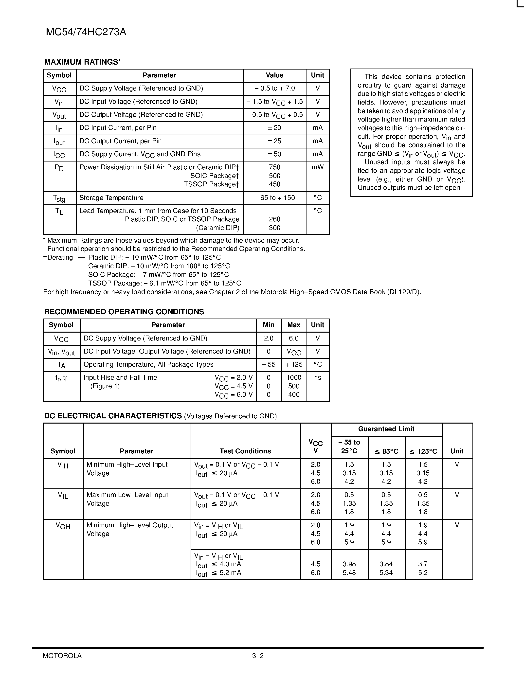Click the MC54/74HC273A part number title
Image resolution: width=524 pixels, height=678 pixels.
point(86,32)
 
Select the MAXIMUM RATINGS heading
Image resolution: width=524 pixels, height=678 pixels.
point(82,62)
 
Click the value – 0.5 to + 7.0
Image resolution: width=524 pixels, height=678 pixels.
point(274,89)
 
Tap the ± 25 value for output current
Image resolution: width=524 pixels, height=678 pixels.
point(274,141)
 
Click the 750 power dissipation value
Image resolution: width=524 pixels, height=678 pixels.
point(274,167)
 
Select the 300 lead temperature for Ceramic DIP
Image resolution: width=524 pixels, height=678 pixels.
point(274,228)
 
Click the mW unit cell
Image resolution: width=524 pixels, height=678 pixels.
point(318,167)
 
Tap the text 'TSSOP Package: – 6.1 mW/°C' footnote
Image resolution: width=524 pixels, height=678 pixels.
point(164,283)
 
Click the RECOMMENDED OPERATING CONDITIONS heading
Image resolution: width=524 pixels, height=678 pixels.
point(124,312)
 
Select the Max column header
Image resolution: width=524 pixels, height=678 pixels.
point(294,325)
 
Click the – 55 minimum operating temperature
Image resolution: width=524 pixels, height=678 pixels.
point(269,364)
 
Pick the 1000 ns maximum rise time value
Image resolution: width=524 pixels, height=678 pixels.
point(294,377)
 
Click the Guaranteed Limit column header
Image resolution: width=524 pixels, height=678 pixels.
point(386,429)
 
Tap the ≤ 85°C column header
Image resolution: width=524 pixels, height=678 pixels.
point(386,451)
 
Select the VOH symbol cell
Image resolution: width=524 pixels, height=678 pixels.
point(63,526)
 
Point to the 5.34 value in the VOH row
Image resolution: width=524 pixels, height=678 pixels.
point(386,573)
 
